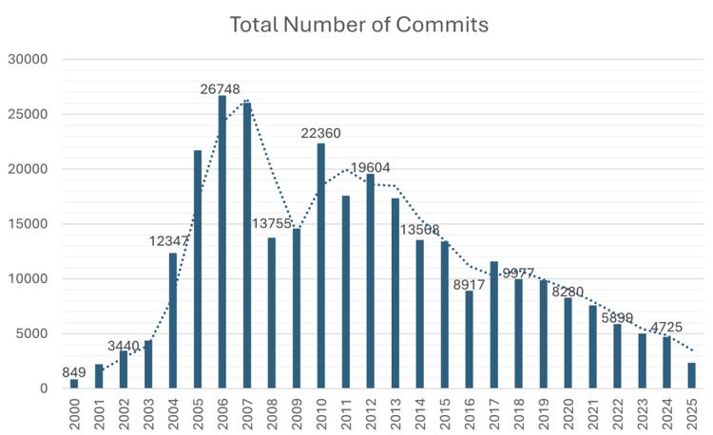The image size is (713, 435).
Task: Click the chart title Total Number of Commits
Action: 358,25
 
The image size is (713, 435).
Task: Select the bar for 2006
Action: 222,242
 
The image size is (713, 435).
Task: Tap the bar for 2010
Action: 320,266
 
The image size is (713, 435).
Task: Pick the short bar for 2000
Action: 74,384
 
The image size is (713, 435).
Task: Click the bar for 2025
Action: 691,376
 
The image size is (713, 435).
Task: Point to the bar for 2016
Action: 469,339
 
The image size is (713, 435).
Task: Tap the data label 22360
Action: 321,133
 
